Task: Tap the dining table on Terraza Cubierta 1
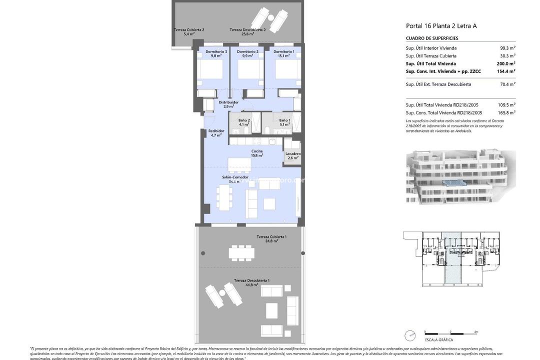coord(241,252)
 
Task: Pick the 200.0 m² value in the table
coord(506,64)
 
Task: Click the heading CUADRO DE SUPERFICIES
coord(432,38)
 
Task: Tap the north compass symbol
coord(410,335)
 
